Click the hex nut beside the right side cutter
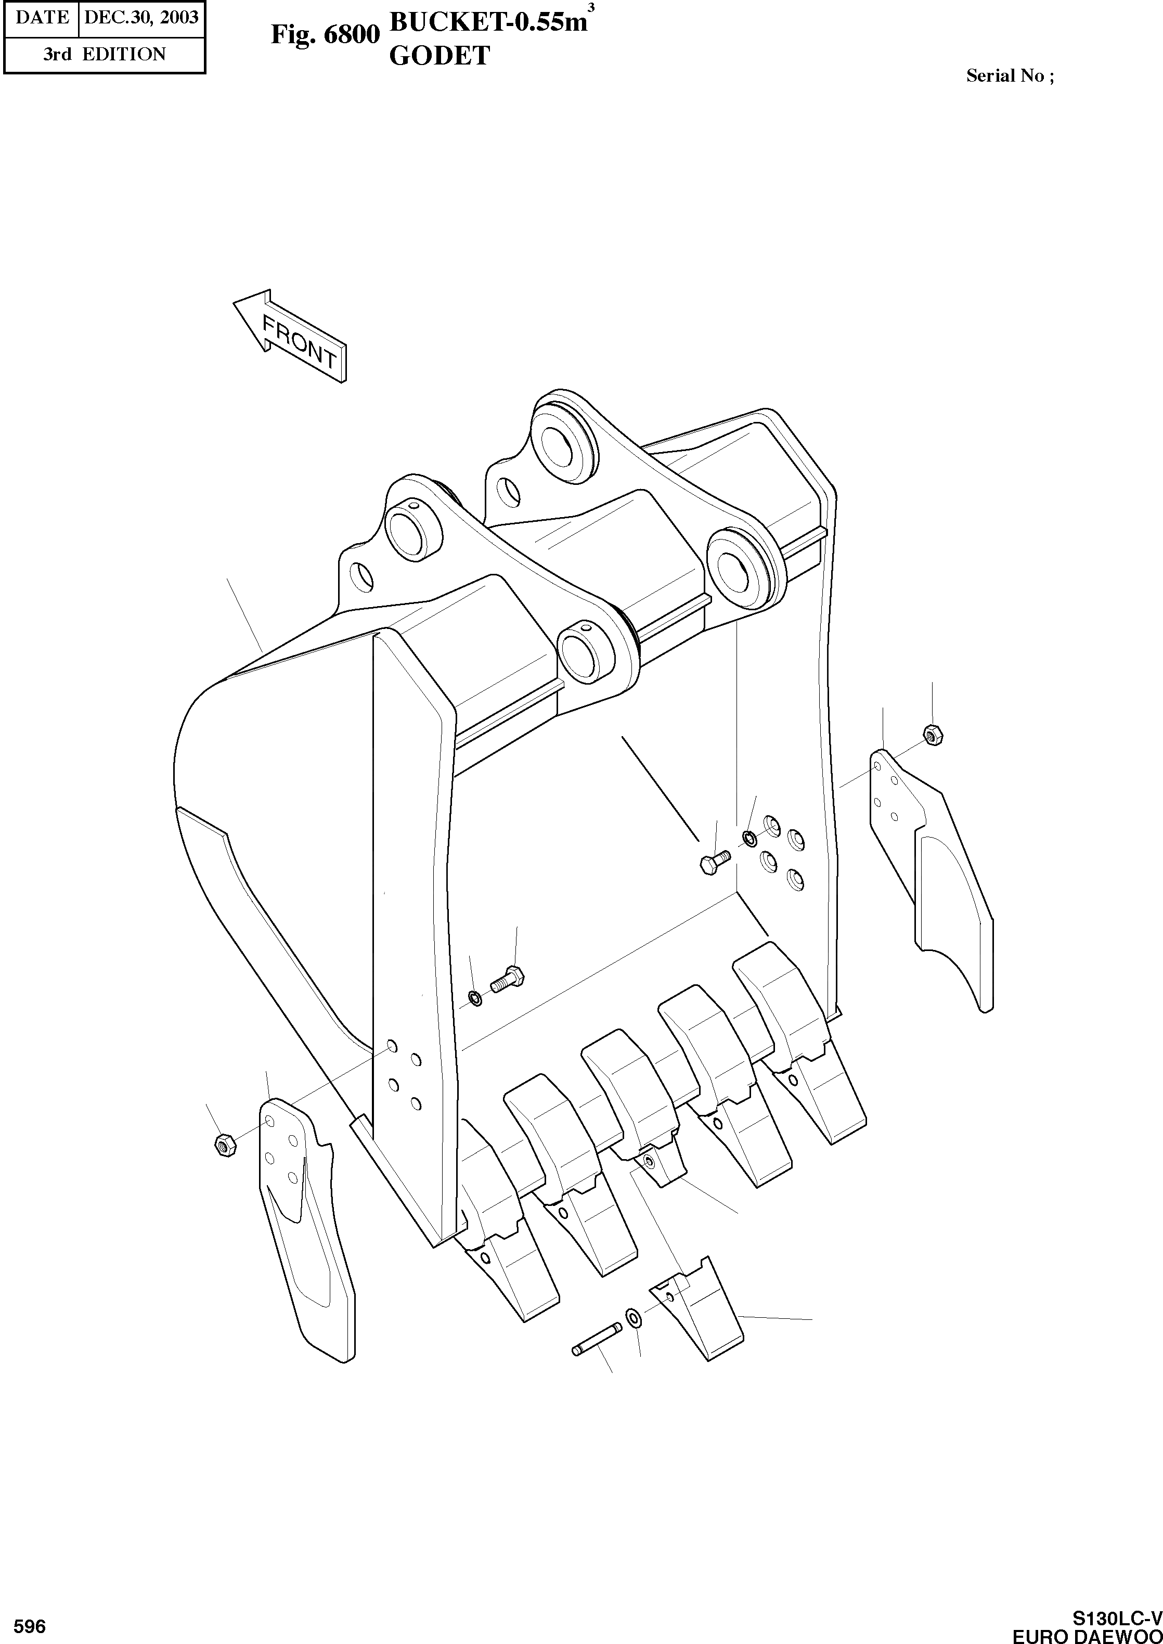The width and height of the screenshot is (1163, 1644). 933,734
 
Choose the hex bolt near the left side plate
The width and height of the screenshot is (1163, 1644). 508,979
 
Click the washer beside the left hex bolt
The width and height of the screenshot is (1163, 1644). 474,998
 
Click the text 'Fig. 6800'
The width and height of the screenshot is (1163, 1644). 325,34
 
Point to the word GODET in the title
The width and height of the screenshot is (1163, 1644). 439,55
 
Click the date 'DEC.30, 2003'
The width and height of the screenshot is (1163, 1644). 141,17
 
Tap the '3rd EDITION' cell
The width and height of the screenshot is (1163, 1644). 104,55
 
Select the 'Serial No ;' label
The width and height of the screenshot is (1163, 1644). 1010,76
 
